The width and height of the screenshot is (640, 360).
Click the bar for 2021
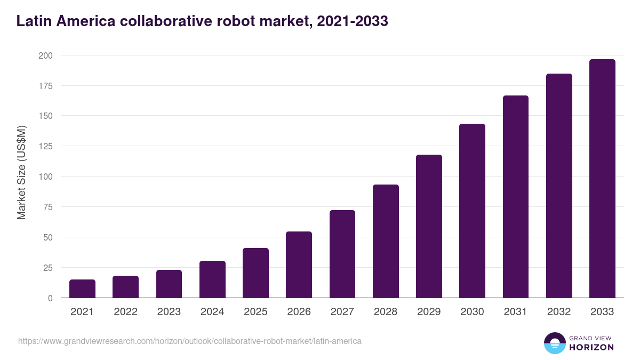[x=82, y=289]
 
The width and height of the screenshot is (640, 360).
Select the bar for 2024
[x=212, y=279]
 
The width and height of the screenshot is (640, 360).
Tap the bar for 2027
[x=342, y=254]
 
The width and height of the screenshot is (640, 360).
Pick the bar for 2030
[x=472, y=211]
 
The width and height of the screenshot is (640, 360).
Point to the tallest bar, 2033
[x=602, y=179]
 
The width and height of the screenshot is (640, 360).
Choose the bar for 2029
[x=429, y=226]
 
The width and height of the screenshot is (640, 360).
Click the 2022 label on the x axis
[x=125, y=312]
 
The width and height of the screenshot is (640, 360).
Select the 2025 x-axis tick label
[x=255, y=312]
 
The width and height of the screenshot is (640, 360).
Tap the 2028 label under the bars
[x=386, y=312]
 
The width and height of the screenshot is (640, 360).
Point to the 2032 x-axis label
[x=559, y=312]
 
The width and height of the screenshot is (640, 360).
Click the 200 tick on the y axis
[x=45, y=55]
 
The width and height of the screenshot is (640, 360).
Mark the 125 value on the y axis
[x=45, y=146]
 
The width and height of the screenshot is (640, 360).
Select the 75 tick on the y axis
[x=47, y=207]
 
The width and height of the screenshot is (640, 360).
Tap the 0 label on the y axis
[x=50, y=298]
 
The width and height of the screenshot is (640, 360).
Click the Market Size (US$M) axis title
[x=21, y=172]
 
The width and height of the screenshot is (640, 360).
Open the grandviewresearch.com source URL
[x=189, y=341]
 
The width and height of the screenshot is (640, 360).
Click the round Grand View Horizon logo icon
[x=554, y=343]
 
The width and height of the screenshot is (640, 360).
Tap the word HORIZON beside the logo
[x=591, y=347]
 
